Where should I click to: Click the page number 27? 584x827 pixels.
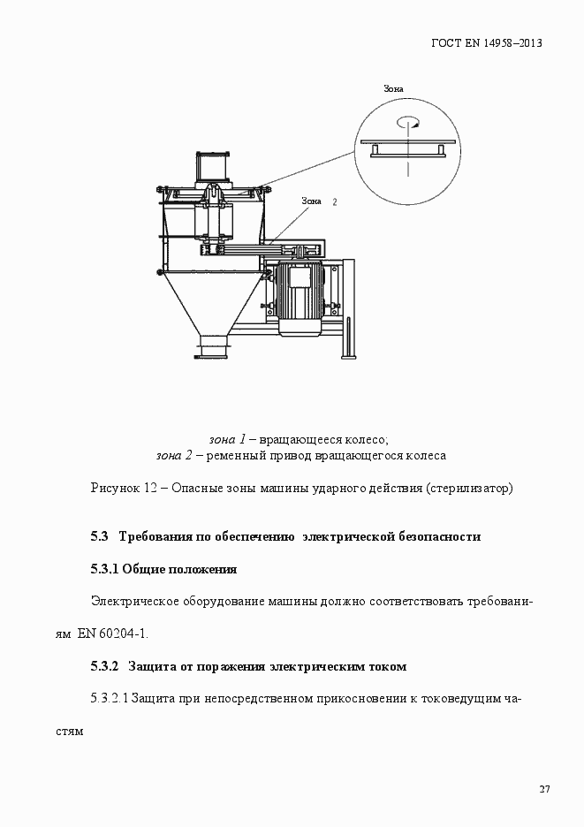[544, 789]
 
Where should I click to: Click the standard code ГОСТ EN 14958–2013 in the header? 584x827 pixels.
[486, 42]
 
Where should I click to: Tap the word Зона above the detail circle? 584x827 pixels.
[394, 89]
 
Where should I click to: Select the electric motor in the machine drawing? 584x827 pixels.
[300, 297]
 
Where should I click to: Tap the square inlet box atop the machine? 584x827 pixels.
[214, 166]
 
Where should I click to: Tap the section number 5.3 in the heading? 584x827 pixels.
[99, 536]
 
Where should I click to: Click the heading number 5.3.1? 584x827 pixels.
[104, 569]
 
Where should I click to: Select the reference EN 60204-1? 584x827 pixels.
[113, 634]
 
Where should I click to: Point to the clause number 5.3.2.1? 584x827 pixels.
[110, 699]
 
